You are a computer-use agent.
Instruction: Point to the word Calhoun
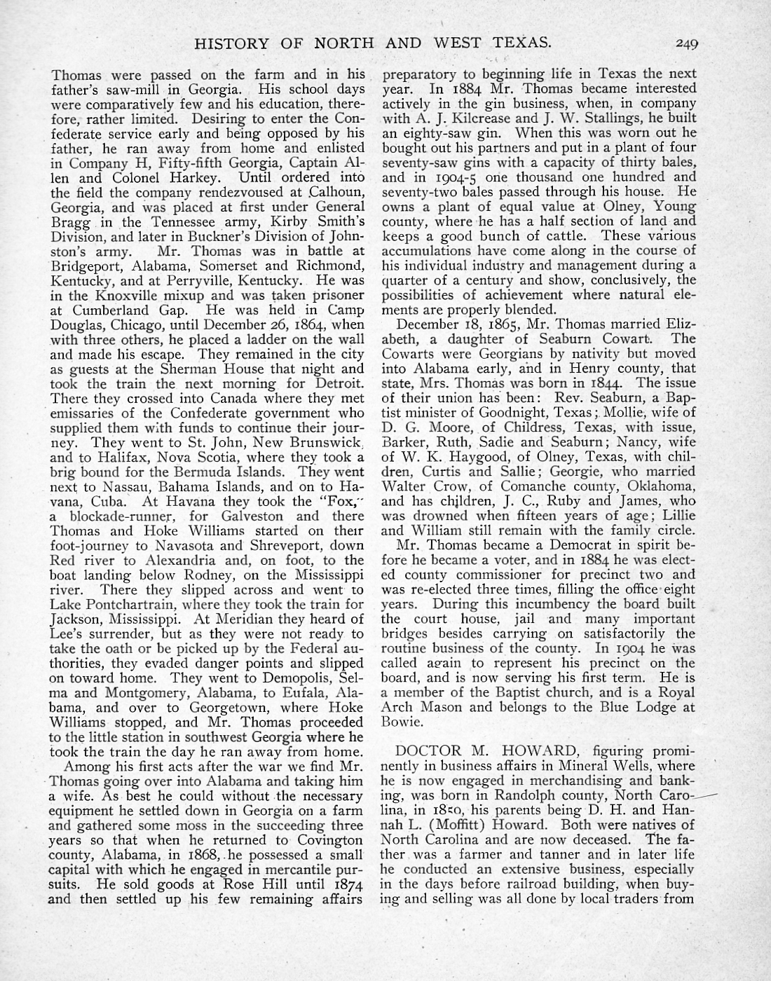[x=338, y=193]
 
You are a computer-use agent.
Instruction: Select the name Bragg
[x=69, y=222]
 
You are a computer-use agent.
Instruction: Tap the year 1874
[x=348, y=884]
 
